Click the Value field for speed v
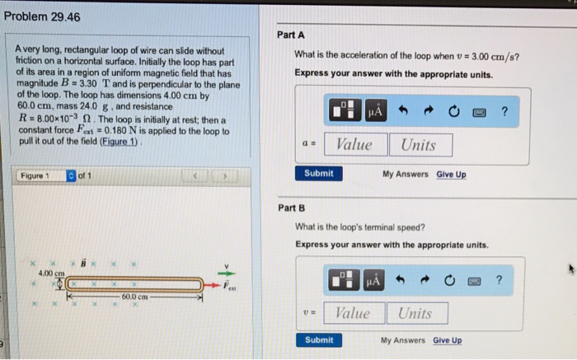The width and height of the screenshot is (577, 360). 353,313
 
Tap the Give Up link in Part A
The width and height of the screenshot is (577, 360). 451,174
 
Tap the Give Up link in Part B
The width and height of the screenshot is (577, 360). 448,340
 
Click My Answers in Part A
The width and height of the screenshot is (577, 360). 406,174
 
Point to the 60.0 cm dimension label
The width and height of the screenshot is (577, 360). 134,297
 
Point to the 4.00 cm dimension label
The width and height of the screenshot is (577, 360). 52,274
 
